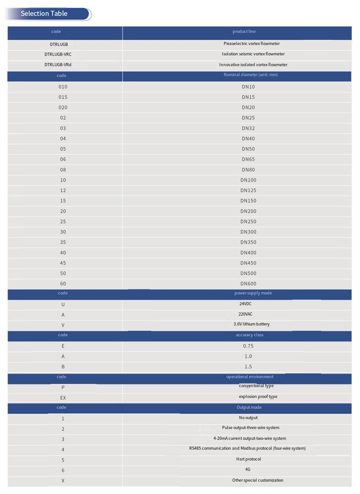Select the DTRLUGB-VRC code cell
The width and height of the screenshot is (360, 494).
(x=58, y=54)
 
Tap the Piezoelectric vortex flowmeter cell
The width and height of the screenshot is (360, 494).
(x=251, y=44)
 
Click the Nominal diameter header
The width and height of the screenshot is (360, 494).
(x=251, y=75)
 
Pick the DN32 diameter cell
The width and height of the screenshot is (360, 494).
(x=248, y=128)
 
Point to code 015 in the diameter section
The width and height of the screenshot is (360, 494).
(x=63, y=97)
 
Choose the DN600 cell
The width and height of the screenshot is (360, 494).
(x=248, y=284)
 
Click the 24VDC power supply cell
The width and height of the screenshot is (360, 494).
(x=246, y=304)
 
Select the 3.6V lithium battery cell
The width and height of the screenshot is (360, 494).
(x=251, y=324)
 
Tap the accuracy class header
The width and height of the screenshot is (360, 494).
(x=249, y=335)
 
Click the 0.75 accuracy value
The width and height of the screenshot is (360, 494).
(x=248, y=346)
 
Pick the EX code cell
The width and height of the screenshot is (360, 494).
(x=63, y=398)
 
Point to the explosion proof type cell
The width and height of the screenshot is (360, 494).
(x=258, y=396)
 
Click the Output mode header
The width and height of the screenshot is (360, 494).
(x=249, y=407)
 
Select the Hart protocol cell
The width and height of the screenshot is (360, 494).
(x=248, y=459)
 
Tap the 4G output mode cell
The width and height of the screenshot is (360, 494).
(x=248, y=470)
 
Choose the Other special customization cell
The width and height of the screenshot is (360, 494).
(x=258, y=480)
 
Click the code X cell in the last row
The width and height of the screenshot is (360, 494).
(x=63, y=481)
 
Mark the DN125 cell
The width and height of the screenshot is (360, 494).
(x=248, y=190)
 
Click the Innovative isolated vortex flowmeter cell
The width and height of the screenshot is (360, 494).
(x=253, y=65)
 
